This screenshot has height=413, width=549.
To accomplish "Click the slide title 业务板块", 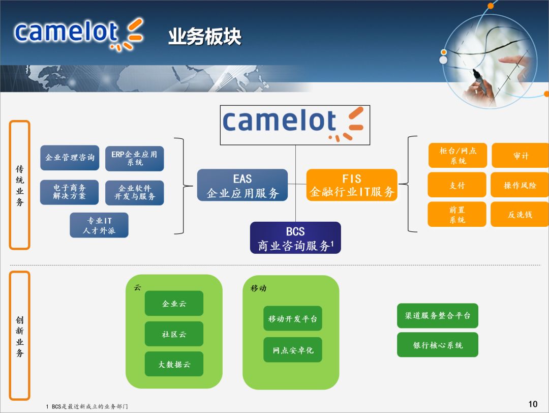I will (x=205, y=37).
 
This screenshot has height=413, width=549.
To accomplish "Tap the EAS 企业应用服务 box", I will (x=242, y=186).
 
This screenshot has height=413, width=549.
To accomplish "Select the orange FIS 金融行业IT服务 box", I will (x=352, y=185).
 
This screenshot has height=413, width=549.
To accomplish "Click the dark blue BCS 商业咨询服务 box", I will (x=295, y=238).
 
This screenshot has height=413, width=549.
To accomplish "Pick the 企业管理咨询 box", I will (x=70, y=158).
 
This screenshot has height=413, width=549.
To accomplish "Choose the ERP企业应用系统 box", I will (x=135, y=158).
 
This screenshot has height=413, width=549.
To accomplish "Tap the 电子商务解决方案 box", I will (x=70, y=192).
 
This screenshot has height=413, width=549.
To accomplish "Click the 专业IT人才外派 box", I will (x=99, y=225).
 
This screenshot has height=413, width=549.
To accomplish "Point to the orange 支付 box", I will (x=457, y=185).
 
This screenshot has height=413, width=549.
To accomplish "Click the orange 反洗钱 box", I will (x=520, y=214).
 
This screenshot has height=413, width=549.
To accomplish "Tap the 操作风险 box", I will (x=520, y=185).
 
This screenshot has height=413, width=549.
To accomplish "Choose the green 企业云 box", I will (x=174, y=304).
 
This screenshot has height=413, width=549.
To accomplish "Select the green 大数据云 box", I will (x=174, y=364).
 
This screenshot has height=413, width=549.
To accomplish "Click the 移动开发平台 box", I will (x=293, y=319).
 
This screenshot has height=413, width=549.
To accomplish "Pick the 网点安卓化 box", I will (x=293, y=350).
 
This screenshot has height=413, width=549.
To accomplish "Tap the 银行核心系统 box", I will (x=438, y=345).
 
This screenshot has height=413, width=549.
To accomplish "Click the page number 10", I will (x=533, y=404).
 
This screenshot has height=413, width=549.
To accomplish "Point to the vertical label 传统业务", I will (x=20, y=185).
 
